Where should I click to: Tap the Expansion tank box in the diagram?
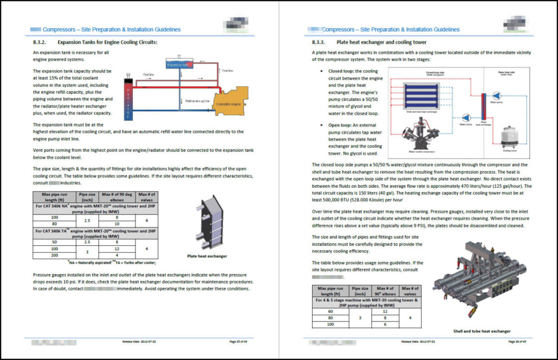[x=179, y=64]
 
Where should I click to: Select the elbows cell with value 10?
[x=117, y=224]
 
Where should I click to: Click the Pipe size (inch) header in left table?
[x=87, y=197]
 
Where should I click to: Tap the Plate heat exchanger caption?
[x=207, y=256]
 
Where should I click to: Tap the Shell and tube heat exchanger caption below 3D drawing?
[x=482, y=331]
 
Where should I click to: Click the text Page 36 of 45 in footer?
[x=517, y=342]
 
